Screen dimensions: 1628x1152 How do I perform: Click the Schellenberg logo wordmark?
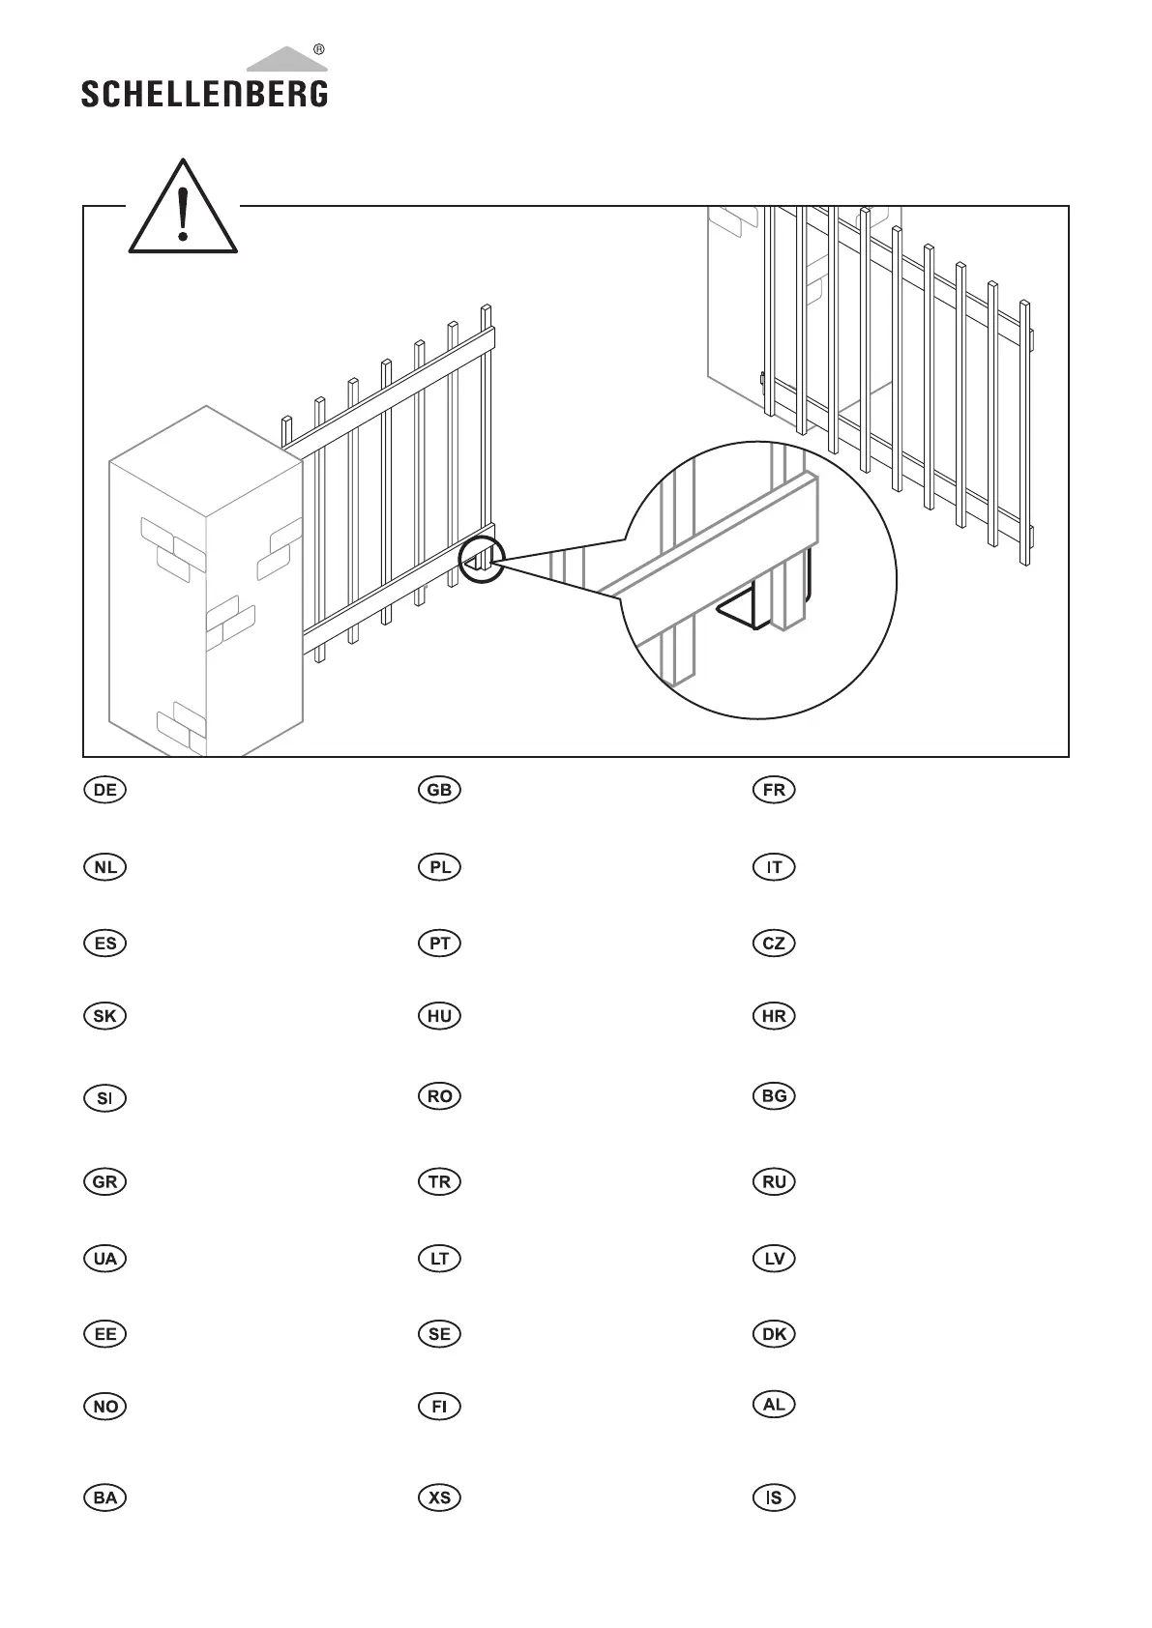(x=204, y=93)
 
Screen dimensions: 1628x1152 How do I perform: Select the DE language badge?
(x=105, y=790)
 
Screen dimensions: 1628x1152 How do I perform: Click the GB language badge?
(x=439, y=790)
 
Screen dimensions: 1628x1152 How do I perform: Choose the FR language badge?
(x=774, y=790)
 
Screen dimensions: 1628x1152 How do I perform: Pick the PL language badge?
(x=439, y=867)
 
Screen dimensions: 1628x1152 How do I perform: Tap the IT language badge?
(x=774, y=867)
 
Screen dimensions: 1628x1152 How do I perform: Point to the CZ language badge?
(x=774, y=944)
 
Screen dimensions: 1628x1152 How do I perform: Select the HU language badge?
(x=439, y=1016)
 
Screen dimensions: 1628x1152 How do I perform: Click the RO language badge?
(x=439, y=1096)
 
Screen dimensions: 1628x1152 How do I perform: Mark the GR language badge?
(x=105, y=1181)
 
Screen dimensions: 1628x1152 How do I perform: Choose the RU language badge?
(x=774, y=1181)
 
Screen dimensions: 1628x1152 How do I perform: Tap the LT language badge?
(x=439, y=1259)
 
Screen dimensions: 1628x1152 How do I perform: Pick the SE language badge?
(x=439, y=1334)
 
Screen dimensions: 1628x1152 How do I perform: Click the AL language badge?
(x=774, y=1405)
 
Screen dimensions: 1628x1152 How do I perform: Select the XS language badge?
(x=439, y=1497)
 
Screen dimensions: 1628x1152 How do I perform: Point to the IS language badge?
(x=774, y=1497)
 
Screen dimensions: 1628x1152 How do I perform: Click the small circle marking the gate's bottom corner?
(x=481, y=560)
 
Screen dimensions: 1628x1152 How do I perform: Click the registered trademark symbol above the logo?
(x=319, y=49)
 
